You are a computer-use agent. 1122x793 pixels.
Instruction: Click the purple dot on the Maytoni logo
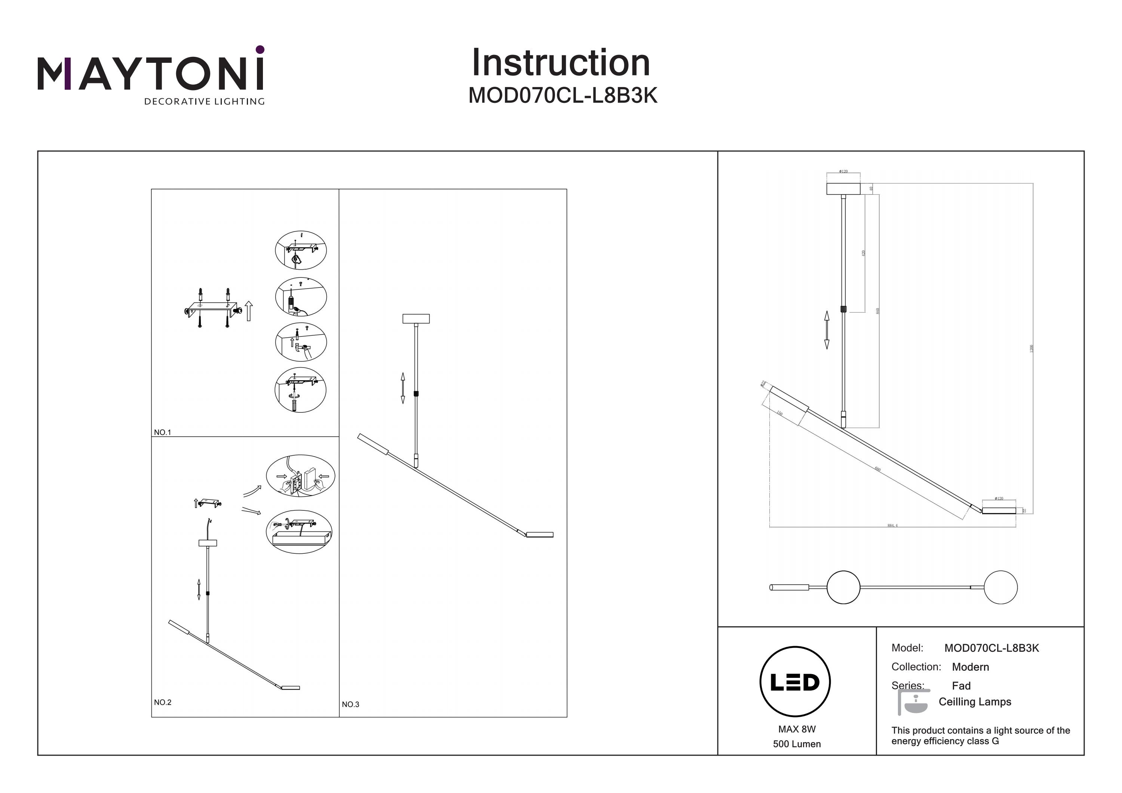coord(260,49)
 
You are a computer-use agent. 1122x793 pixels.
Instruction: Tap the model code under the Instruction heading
coord(562,96)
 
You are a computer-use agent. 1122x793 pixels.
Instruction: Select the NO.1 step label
coord(162,433)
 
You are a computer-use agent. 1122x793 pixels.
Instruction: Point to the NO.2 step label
coord(162,702)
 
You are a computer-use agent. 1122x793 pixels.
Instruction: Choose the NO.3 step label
coord(350,704)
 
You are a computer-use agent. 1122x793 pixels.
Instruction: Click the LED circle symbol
coord(795,682)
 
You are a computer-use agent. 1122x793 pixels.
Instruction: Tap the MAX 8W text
coord(797,729)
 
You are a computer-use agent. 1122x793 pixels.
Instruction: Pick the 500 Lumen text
coord(797,744)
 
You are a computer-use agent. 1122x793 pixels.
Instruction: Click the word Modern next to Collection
coord(970,667)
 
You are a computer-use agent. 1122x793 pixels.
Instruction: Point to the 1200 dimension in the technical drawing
coord(1031,348)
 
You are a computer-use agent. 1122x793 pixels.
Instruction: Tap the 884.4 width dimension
coord(892,526)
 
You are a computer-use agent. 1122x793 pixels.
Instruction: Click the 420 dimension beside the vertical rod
coord(864,253)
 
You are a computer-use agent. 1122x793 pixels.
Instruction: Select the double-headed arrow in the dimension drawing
coord(827,330)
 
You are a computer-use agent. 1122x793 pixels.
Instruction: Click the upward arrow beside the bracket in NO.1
coord(249,311)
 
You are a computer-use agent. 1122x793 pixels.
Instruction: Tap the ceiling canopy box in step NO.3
coord(416,319)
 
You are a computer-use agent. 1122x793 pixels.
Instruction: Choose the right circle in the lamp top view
coord(1000,587)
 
